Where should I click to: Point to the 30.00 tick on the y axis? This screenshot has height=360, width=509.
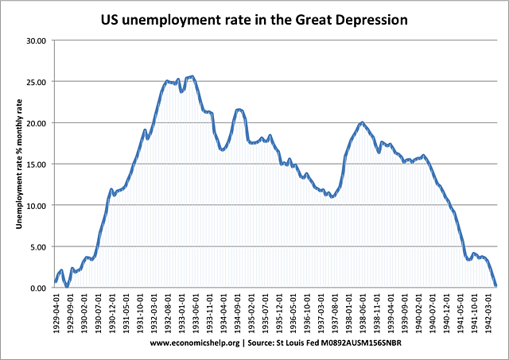(x=37, y=41)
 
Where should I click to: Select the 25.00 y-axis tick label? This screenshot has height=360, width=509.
(x=37, y=82)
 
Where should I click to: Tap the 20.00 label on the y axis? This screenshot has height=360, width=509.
(x=37, y=123)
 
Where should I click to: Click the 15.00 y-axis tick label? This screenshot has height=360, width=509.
(x=37, y=165)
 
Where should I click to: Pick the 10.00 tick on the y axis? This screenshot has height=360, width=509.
(x=37, y=205)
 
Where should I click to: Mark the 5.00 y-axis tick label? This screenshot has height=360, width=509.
(x=39, y=246)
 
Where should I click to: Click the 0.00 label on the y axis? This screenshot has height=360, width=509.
(x=39, y=288)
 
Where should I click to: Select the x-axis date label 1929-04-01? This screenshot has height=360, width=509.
(x=56, y=314)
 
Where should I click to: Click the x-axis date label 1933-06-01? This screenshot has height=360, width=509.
(x=195, y=314)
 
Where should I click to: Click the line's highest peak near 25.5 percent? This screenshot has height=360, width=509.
(x=192, y=76)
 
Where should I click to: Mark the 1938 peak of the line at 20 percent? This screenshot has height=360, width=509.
(x=362, y=122)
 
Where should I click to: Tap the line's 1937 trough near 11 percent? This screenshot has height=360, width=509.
(x=332, y=196)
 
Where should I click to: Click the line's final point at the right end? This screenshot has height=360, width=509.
(x=495, y=285)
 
